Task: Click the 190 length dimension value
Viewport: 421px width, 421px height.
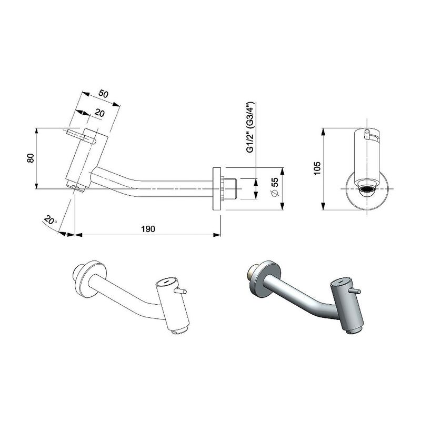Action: coord(148,229)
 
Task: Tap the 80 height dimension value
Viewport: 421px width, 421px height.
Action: coord(31,158)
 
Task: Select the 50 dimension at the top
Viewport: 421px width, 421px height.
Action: coord(103,94)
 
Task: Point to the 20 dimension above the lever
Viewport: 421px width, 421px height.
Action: coord(99,113)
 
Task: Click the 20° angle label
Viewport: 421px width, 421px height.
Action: coord(50,220)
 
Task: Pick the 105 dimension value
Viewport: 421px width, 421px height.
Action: coord(317,168)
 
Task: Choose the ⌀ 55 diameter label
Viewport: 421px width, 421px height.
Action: coord(275,187)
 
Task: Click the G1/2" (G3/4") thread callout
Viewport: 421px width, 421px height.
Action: coord(250,127)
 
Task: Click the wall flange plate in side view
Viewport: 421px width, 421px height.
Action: coord(217,189)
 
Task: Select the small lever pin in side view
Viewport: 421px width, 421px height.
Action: coord(81,136)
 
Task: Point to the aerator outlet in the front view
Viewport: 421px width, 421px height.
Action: coord(366,192)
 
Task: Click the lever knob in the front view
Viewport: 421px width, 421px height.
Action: coord(366,134)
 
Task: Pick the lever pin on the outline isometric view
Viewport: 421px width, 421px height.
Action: coord(181,290)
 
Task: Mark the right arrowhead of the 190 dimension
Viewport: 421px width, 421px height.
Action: coord(217,235)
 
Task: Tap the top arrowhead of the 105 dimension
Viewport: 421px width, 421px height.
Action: coord(324,132)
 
